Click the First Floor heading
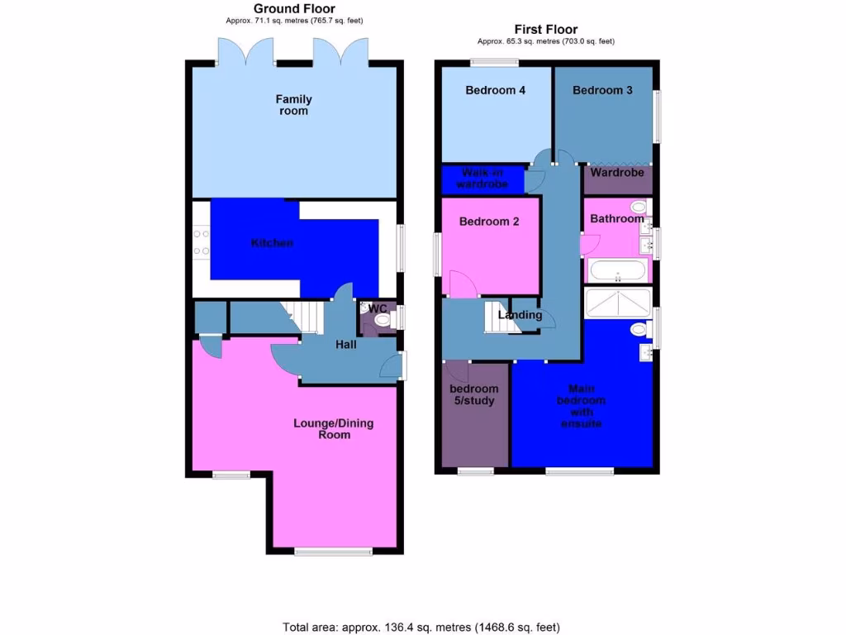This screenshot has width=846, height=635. click(x=545, y=29)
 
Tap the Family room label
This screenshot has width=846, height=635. click(x=293, y=105)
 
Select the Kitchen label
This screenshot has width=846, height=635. click(x=272, y=243)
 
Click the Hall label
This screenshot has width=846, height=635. click(x=346, y=344)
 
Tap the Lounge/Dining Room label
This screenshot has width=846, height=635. click(x=334, y=428)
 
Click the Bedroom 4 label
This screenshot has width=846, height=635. click(x=496, y=90)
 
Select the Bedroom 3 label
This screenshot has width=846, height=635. click(x=602, y=90)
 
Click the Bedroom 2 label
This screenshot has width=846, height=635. click(x=489, y=222)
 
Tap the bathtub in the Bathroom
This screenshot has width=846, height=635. click(x=619, y=270)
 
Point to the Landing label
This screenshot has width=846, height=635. click(x=520, y=315)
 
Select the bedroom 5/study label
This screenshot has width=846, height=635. click(x=474, y=394)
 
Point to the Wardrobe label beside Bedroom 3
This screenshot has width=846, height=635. click(x=617, y=174)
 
